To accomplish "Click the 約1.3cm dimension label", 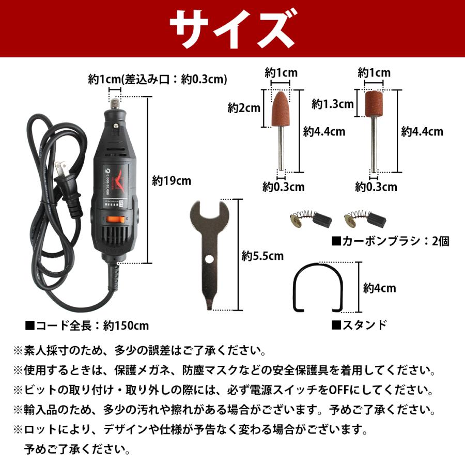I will (332, 104).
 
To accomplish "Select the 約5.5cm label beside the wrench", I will (262, 255).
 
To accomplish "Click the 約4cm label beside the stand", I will (379, 288).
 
